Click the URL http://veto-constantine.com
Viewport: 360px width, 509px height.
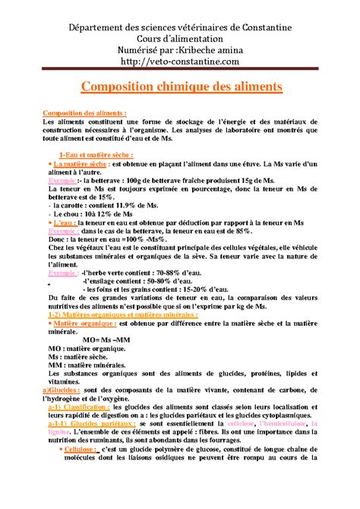coord(179,61)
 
